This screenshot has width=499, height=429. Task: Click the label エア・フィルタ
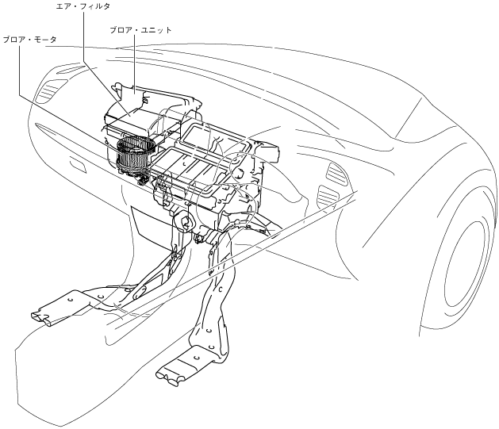click(x=83, y=6)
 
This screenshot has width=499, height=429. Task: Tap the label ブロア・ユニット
click(x=140, y=30)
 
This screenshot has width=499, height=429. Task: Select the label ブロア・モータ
click(x=29, y=40)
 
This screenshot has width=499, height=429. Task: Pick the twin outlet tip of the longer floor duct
click(x=167, y=377)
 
